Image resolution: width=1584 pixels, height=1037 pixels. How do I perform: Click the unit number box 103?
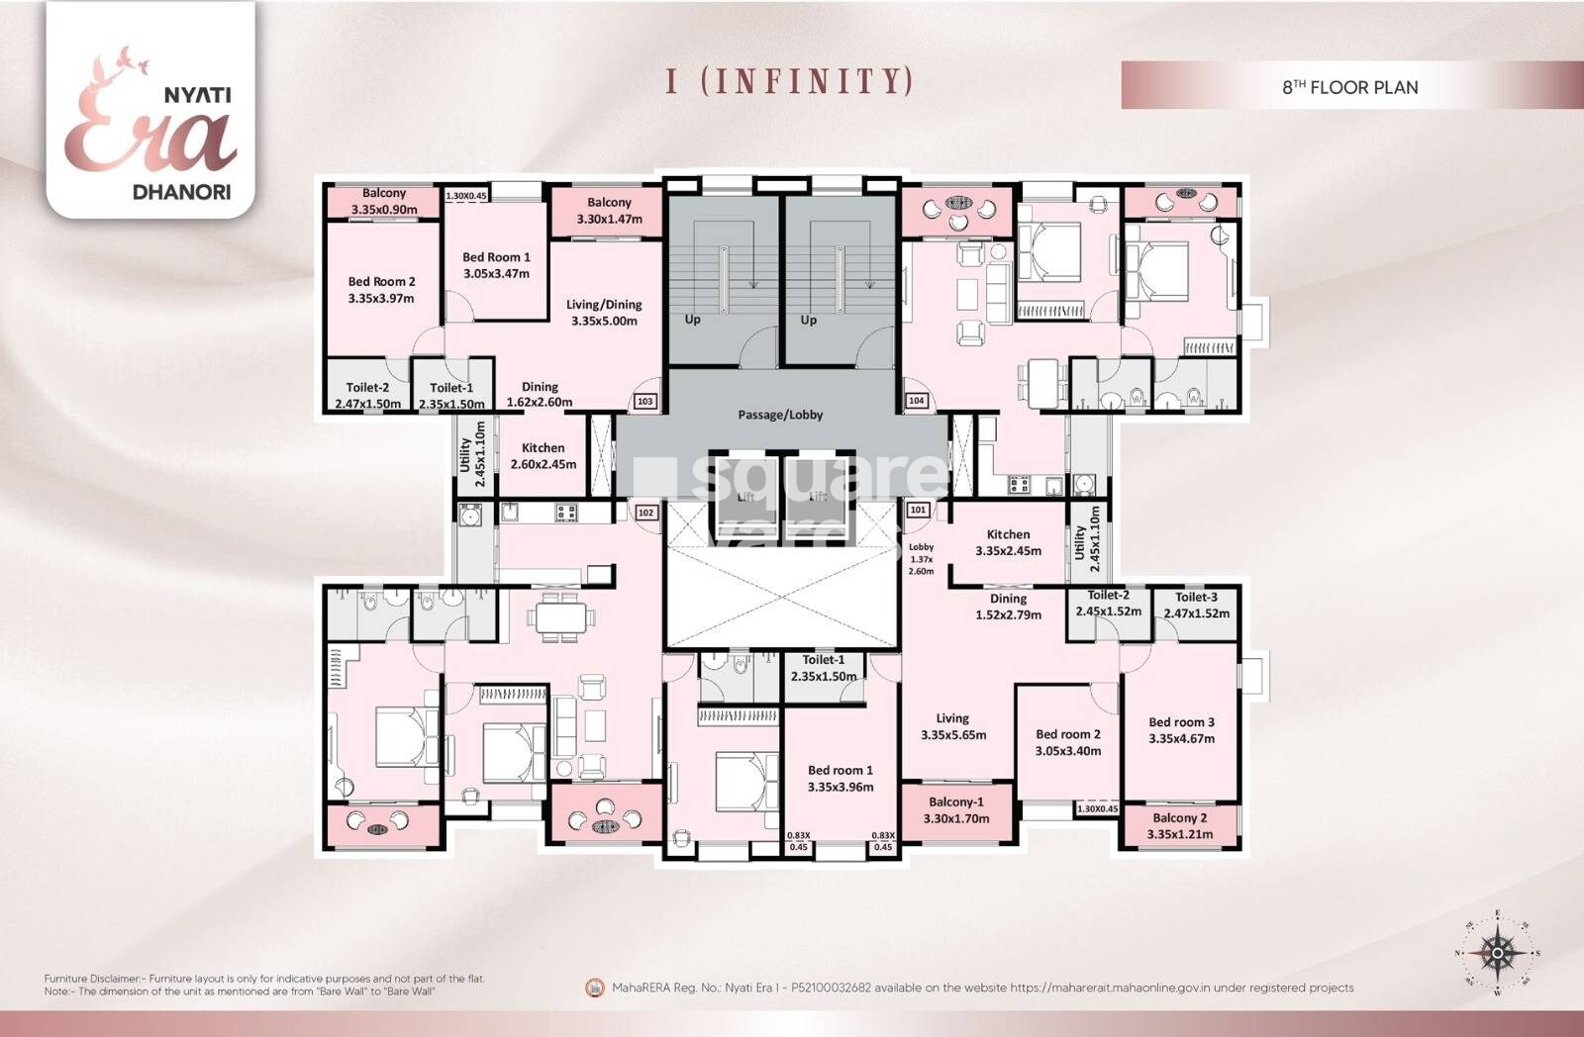tap(645, 402)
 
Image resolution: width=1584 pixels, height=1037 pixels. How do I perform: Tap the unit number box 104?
tap(916, 401)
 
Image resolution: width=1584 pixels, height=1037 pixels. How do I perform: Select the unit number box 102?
tap(645, 513)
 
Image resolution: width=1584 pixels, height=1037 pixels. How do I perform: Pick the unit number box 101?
tap(918, 511)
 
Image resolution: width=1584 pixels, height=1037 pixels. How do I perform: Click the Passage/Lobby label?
tap(780, 415)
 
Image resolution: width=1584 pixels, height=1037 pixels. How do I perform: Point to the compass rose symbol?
tap(1497, 953)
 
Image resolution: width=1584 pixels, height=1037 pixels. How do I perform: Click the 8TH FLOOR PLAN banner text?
tap(1350, 87)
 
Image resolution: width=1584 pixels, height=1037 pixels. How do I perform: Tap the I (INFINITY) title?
tap(789, 80)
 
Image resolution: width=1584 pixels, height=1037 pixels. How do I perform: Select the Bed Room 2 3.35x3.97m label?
tap(381, 290)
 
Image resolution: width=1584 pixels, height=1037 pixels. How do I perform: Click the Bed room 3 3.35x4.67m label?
tap(1181, 730)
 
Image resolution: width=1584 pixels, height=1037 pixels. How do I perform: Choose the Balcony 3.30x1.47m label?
tap(609, 211)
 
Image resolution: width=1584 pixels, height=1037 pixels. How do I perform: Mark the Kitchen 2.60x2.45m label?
tap(543, 456)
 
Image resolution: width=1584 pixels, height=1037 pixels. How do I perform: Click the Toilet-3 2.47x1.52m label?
tap(1196, 605)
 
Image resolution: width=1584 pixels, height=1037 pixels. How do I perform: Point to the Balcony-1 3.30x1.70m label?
tap(956, 810)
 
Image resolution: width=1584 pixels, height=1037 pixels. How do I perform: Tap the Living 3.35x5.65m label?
tap(952, 726)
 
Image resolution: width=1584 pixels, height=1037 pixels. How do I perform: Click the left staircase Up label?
tap(693, 320)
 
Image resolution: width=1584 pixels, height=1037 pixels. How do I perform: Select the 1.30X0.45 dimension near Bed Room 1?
tap(466, 196)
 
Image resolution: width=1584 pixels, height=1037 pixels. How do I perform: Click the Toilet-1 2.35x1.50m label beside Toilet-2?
tap(451, 396)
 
